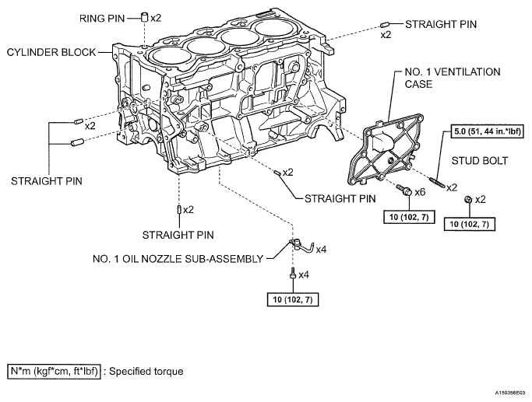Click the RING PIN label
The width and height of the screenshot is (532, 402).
pyautogui.click(x=102, y=19)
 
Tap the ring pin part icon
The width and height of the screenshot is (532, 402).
pyautogui.click(x=145, y=16)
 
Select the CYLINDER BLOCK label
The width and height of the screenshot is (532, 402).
pyautogui.click(x=51, y=52)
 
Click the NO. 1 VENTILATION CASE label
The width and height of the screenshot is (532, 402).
pyautogui.click(x=453, y=78)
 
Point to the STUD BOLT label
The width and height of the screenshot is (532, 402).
pyautogui.click(x=480, y=161)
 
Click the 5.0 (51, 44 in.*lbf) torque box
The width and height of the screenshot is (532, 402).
pyautogui.click(x=487, y=131)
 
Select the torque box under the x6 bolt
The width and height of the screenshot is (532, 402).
pyautogui.click(x=409, y=217)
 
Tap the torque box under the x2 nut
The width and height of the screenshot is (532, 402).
pyautogui.click(x=469, y=224)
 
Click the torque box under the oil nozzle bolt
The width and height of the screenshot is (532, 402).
pyautogui.click(x=293, y=299)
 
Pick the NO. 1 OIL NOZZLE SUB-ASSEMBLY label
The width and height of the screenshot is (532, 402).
pyautogui.click(x=178, y=259)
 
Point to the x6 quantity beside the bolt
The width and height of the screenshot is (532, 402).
pyautogui.click(x=420, y=192)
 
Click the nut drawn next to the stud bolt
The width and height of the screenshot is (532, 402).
pyautogui.click(x=468, y=200)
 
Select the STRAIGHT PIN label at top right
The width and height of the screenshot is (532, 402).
pyautogui.click(x=441, y=24)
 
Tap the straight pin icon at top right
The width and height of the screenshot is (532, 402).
pyautogui.click(x=385, y=24)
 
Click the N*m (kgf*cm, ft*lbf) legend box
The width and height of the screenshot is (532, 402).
pyautogui.click(x=54, y=371)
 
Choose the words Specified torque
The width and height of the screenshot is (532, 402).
pyautogui.click(x=146, y=372)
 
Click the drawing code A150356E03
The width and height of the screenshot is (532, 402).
pyautogui.click(x=511, y=393)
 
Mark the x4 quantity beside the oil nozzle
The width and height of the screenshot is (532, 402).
pyautogui.click(x=322, y=250)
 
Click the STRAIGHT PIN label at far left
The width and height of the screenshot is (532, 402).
pyautogui.click(x=47, y=181)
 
